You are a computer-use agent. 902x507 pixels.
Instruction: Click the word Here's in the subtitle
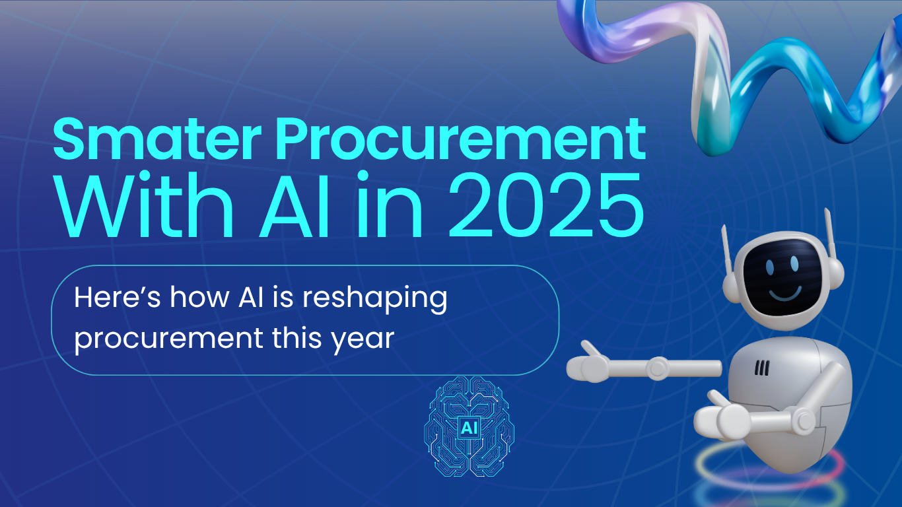pyautogui.click(x=118, y=298)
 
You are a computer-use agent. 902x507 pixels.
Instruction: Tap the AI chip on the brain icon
pyautogui.click(x=468, y=428)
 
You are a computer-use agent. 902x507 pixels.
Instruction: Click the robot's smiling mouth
pyautogui.click(x=784, y=290)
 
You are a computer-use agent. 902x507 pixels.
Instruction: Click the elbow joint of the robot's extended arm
pyautogui.click(x=658, y=368)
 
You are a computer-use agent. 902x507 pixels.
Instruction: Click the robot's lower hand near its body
pyautogui.click(x=723, y=417)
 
